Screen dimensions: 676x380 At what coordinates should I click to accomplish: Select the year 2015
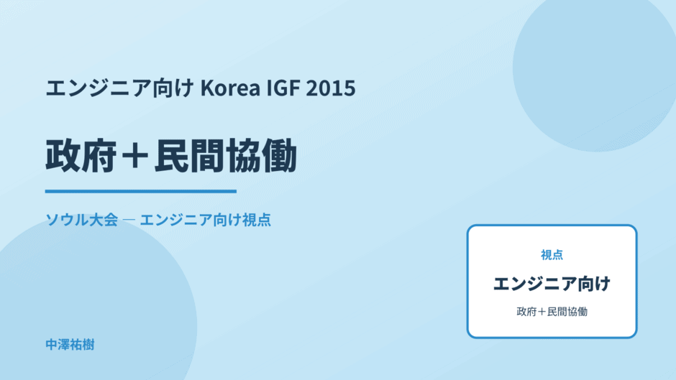(x=331, y=88)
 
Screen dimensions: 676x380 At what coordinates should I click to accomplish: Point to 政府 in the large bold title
(x=81, y=156)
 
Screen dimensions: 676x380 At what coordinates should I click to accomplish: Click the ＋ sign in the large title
(x=135, y=156)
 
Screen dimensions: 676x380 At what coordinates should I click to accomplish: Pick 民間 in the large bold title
(x=189, y=156)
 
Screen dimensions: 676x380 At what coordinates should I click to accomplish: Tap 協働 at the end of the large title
(x=261, y=156)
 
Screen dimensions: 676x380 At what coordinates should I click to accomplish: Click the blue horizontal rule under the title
(x=141, y=191)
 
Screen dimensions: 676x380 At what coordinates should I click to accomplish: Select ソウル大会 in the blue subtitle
(x=82, y=220)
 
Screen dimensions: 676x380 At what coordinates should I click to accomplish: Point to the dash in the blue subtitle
(x=129, y=220)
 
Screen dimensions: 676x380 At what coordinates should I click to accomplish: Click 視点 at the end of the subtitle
(x=257, y=220)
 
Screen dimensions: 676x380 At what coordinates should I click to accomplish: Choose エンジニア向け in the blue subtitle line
(x=191, y=220)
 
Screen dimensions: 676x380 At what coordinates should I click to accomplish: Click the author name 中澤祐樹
(x=70, y=345)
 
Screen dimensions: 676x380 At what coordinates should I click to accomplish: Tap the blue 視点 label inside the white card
(x=552, y=255)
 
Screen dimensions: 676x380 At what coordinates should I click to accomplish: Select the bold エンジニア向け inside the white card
(x=552, y=284)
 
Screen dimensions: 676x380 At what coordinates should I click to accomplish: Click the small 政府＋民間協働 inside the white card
(x=552, y=312)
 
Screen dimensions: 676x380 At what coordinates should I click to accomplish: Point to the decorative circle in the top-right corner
(x=595, y=69)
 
